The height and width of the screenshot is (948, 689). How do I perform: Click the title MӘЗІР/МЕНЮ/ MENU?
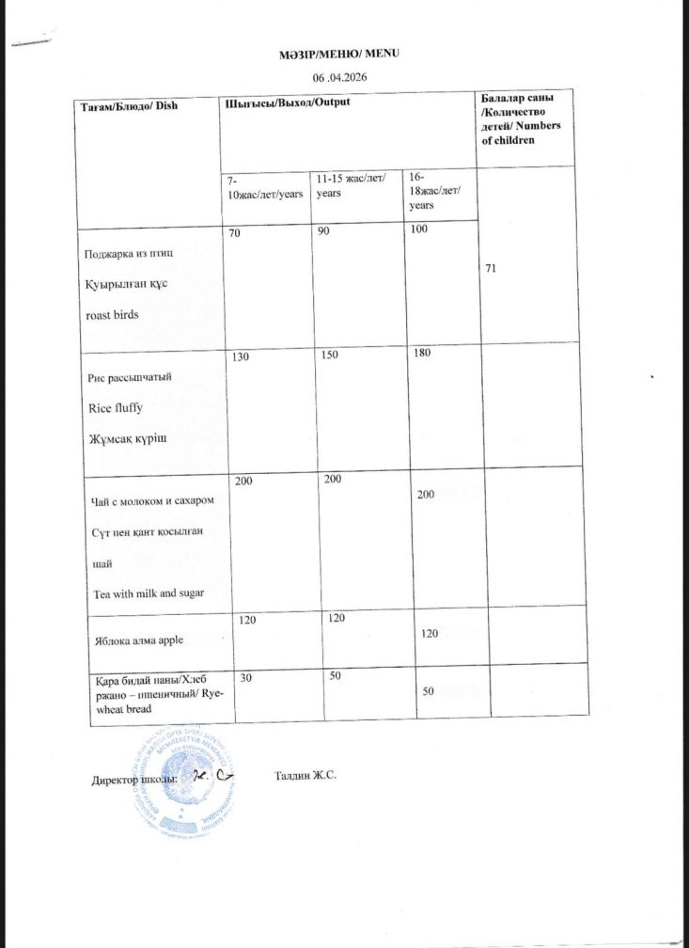point(345,54)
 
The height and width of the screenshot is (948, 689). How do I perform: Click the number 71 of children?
point(491,269)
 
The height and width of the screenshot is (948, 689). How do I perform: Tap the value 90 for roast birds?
point(323,229)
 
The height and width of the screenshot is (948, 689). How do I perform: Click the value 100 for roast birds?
point(417,229)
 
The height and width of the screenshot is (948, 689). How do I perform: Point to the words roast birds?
point(113,316)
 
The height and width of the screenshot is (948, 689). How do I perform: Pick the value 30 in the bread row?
point(246,676)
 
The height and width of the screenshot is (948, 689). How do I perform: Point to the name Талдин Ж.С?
point(306,776)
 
